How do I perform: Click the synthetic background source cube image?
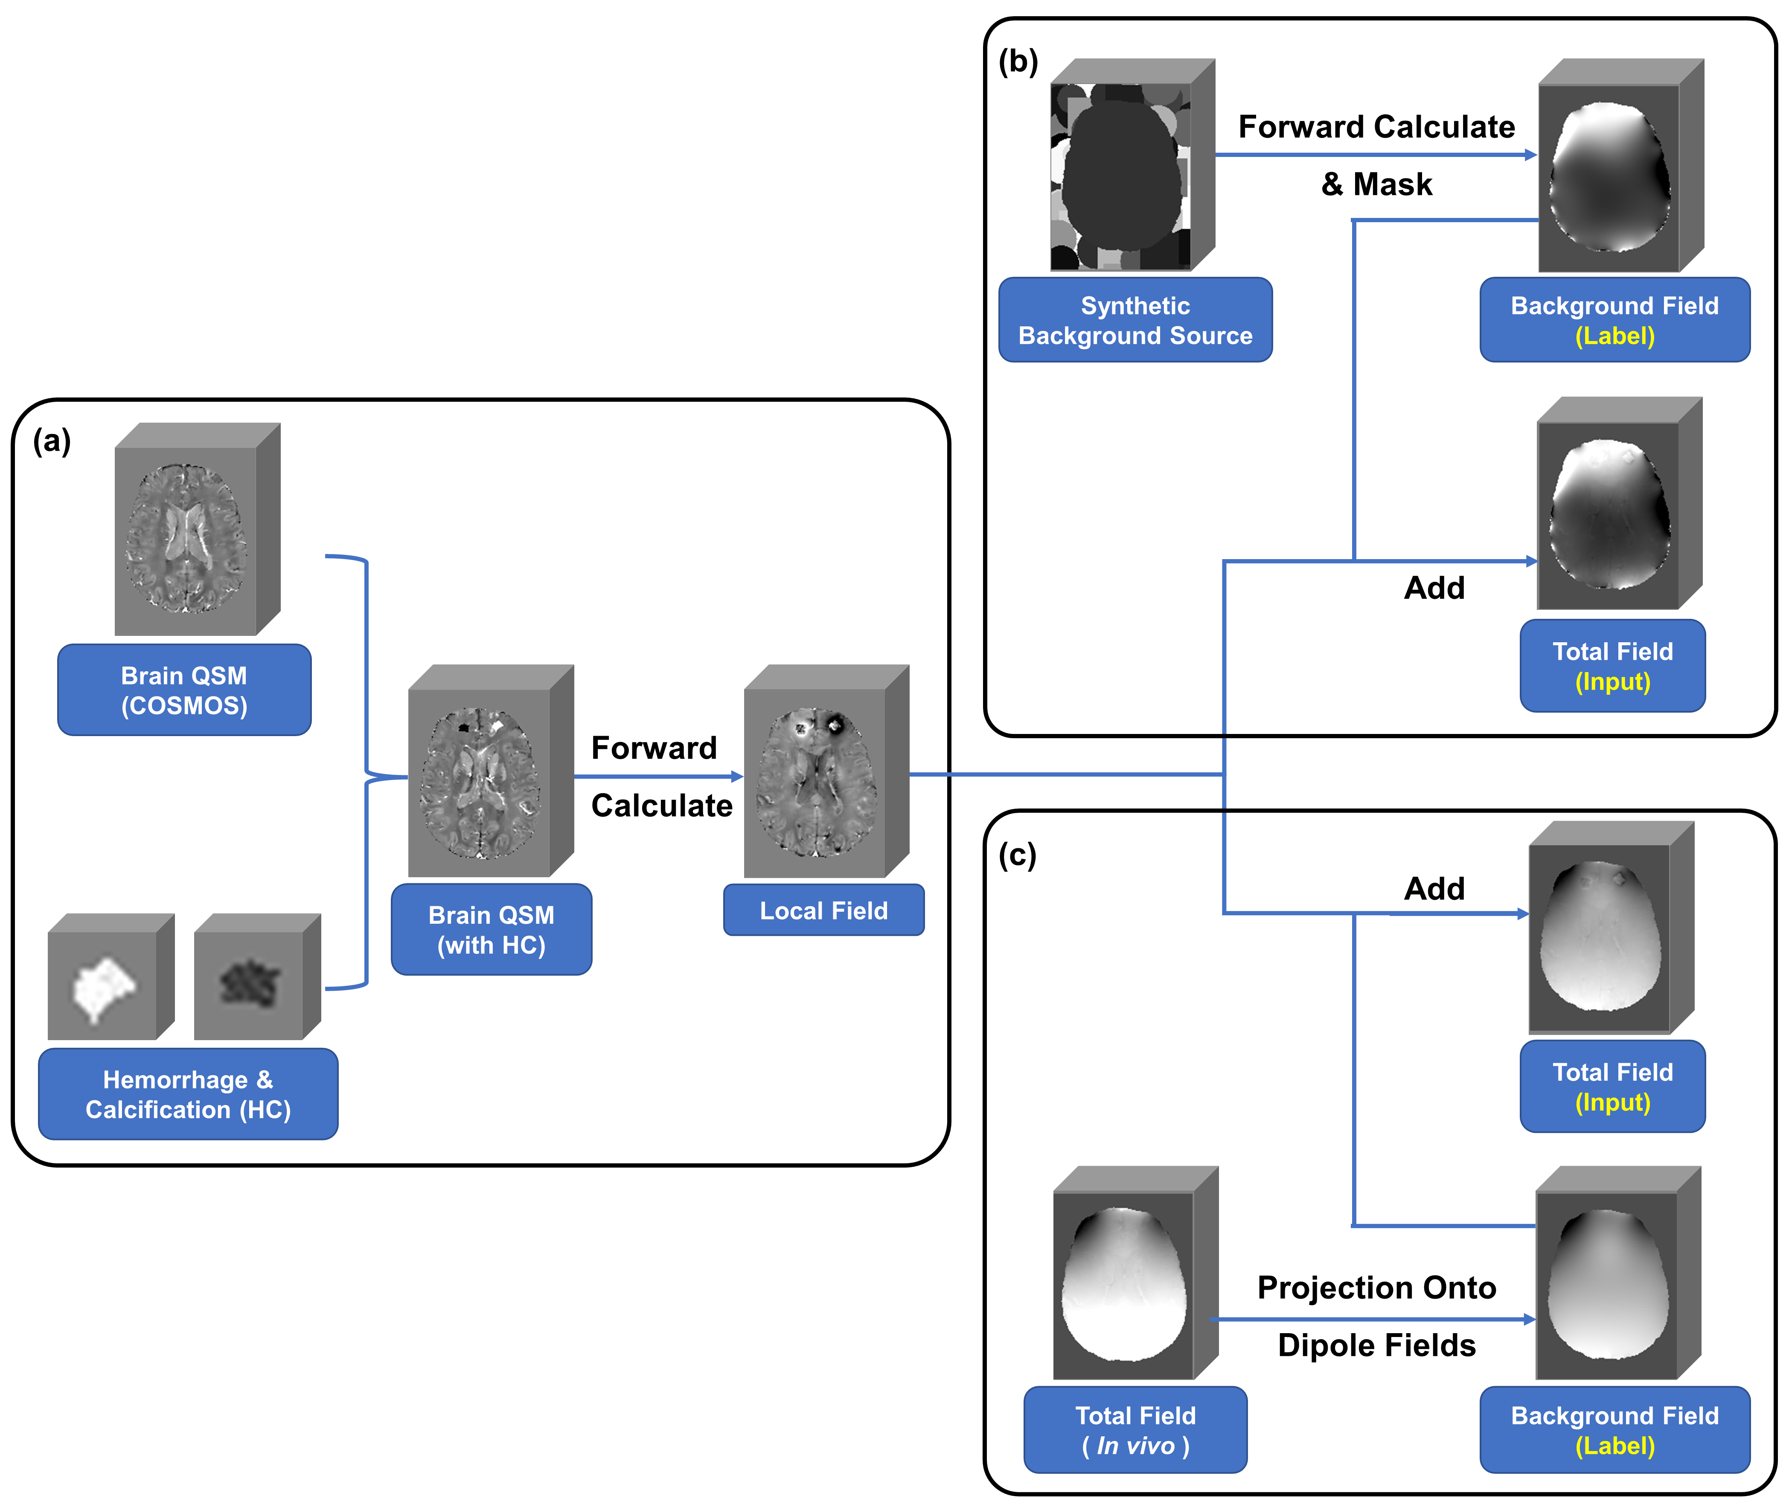(x=1123, y=171)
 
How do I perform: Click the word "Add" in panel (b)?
(x=1434, y=589)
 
